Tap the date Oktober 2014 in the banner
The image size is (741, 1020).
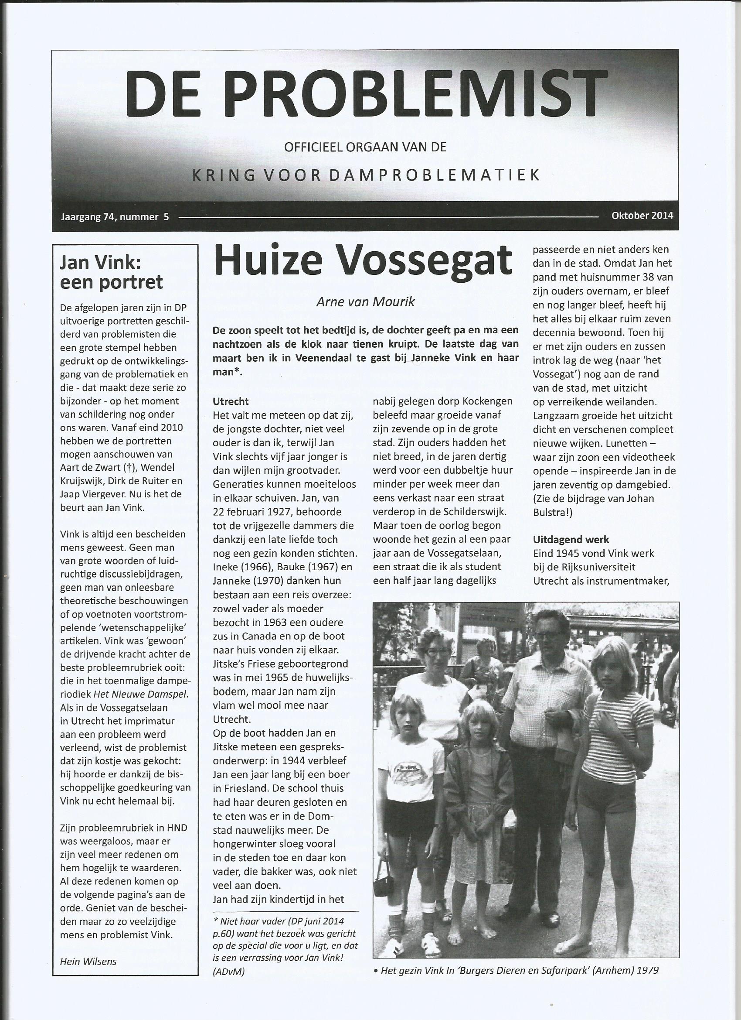pos(642,216)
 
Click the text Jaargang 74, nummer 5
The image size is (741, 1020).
pos(115,217)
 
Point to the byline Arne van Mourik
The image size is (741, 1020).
pos(365,301)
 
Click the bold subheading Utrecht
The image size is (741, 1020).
pos(231,402)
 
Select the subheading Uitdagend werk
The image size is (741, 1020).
pos(571,540)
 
